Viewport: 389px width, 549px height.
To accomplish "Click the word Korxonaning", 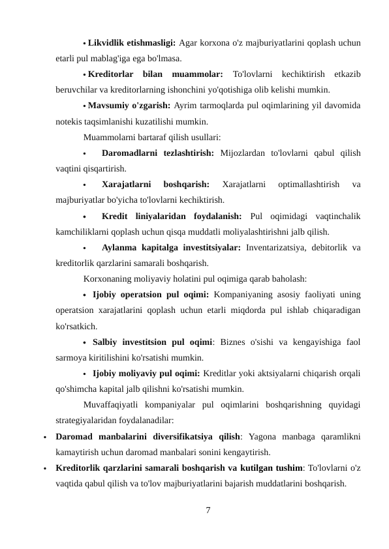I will tap(109, 278).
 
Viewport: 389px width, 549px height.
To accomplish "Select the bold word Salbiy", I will tap(106, 341).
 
